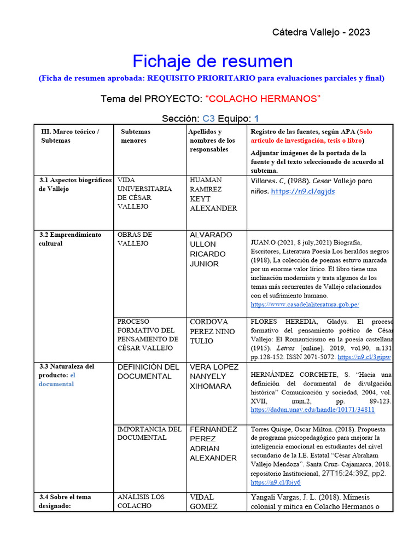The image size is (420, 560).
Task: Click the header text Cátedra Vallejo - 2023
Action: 321,32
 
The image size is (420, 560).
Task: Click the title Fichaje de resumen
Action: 213,61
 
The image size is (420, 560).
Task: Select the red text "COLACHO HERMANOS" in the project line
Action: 263,98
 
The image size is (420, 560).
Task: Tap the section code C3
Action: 209,118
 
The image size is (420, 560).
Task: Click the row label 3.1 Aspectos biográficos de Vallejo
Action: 75,184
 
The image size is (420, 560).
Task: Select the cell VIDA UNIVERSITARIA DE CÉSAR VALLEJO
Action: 144,193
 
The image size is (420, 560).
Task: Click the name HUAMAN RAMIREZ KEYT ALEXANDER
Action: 213,194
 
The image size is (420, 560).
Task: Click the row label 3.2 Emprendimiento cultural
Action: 70,239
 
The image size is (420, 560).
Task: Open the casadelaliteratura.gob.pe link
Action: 305,305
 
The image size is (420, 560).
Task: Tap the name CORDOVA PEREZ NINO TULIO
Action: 212,331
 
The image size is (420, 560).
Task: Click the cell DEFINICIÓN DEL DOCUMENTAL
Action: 148,371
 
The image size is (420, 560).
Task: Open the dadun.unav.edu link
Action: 312,409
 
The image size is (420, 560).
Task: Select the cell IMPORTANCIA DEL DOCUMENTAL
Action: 149,433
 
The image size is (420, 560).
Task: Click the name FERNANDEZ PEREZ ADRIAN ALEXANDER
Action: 213,444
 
